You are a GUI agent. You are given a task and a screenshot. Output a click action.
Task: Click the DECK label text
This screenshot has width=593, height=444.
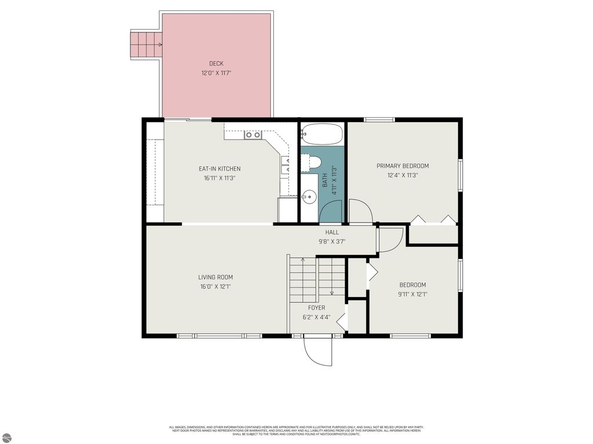pos(216,64)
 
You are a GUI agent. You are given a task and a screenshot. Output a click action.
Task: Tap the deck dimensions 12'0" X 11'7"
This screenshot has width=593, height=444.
pos(216,73)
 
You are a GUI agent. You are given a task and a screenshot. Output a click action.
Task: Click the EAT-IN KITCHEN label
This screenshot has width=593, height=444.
pos(219,169)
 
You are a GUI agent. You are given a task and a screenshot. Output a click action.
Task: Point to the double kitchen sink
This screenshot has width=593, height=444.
pos(252,135)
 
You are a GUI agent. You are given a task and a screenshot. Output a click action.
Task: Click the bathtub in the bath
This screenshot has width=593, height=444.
pos(321,134)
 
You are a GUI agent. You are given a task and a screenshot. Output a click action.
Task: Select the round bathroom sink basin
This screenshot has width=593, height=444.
pos(310,197)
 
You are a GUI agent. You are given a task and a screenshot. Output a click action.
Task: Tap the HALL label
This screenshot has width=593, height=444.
pos(332,232)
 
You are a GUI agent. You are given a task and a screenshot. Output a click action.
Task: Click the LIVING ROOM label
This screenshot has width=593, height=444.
pos(215,277)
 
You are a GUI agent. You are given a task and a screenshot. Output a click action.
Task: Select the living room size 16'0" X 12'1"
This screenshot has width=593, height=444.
pos(215,286)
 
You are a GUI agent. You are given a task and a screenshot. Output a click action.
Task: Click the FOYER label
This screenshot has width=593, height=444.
pos(316,308)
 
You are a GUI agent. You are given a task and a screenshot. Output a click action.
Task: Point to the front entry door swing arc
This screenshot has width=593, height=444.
pos(318,352)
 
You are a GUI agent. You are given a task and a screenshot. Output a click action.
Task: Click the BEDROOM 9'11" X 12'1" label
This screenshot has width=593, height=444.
pos(412,289)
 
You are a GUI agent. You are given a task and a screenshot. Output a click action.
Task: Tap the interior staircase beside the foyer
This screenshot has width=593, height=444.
pos(317,280)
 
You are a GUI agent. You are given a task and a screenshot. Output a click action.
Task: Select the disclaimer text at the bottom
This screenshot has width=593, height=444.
pos(296,430)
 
